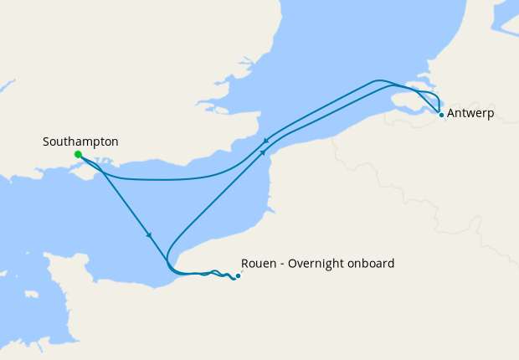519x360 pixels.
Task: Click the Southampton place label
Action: [80, 142]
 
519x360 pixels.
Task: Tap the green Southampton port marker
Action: [78, 155]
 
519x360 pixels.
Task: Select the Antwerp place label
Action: [472, 113]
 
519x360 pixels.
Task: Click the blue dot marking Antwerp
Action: [441, 115]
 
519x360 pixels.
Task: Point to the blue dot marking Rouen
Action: [238, 275]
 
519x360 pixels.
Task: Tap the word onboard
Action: [372, 263]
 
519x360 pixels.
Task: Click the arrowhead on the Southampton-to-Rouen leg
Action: [149, 234]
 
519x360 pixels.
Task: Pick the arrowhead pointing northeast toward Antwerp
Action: [264, 152]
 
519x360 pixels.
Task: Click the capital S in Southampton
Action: [46, 142]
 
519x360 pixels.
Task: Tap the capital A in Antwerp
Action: [452, 113]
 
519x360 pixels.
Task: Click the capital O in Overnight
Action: [293, 263]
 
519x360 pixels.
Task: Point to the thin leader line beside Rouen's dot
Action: [243, 270]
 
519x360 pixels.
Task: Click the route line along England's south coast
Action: [167, 179]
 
